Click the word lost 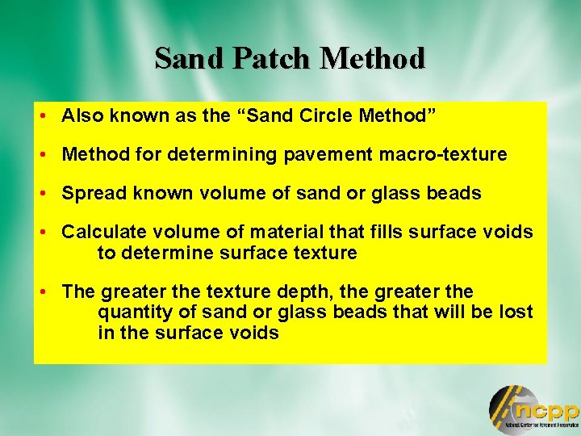[516, 312]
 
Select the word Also [81, 115]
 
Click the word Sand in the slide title [186, 58]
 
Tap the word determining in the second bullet [220, 153]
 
